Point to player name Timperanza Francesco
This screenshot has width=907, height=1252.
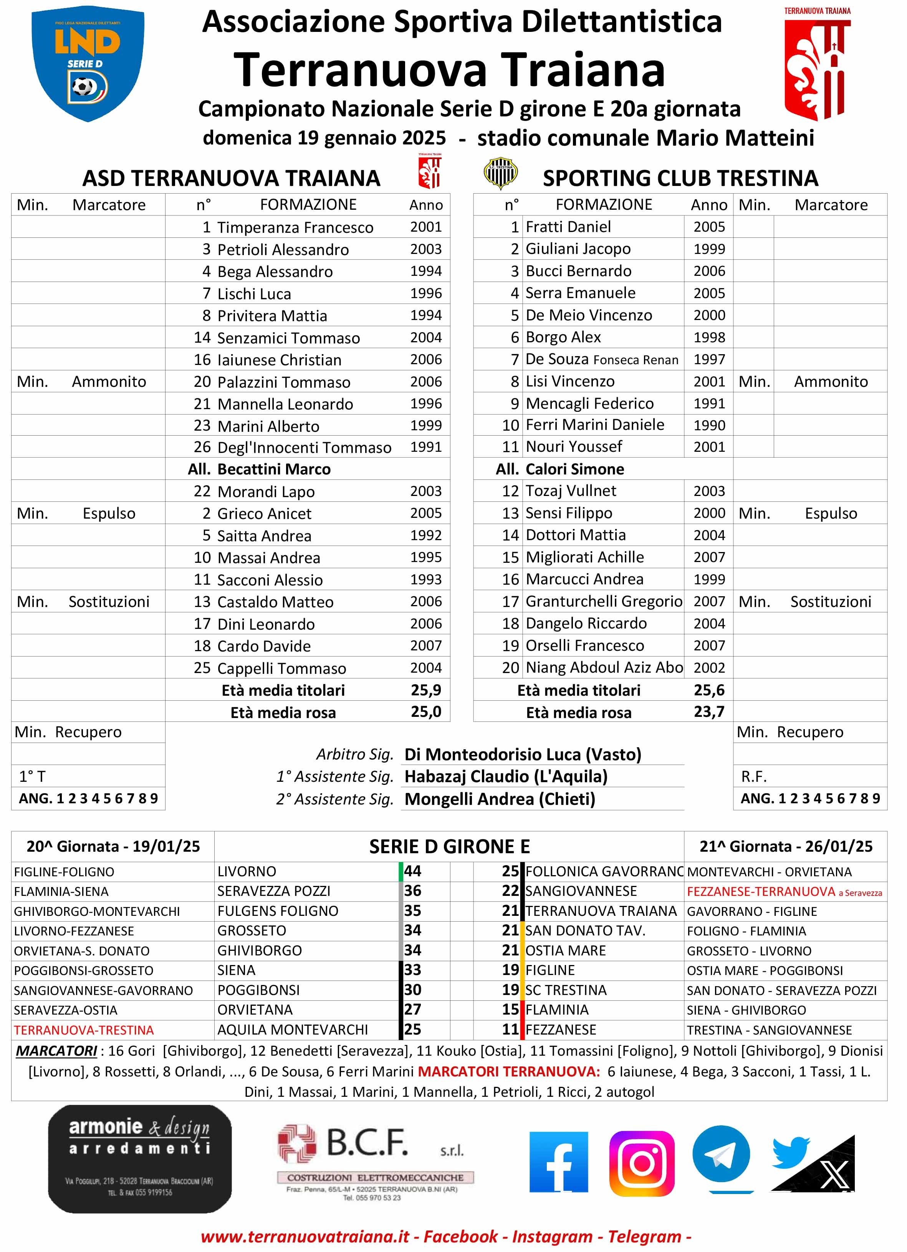click(295, 227)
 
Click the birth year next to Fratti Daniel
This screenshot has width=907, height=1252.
click(709, 227)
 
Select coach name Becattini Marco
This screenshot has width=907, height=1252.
click(274, 469)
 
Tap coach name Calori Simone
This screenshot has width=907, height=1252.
click(574, 469)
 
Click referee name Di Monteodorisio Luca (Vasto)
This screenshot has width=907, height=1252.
click(523, 755)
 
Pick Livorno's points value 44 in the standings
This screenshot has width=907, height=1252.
click(413, 871)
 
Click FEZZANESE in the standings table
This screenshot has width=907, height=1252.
click(561, 1030)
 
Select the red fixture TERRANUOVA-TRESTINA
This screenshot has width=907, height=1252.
click(84, 1030)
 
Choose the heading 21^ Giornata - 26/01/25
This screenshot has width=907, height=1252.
click(786, 846)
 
